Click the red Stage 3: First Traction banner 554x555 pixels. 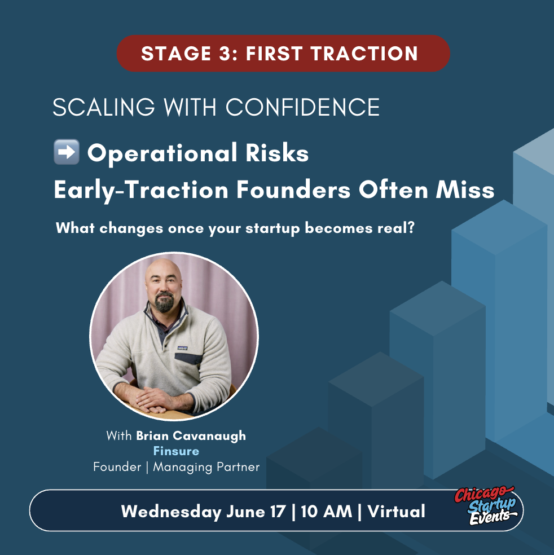coord(283,54)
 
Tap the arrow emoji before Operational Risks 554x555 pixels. coord(66,152)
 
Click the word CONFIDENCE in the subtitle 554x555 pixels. coord(302,107)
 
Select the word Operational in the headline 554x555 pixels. coord(162,153)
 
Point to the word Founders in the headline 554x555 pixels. coord(293,190)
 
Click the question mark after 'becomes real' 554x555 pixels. coord(411,228)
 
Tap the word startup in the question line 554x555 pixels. coord(272,228)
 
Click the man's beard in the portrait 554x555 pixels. coord(165,302)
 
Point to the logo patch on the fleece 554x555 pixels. coord(182,348)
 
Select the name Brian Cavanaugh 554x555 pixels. coord(191,436)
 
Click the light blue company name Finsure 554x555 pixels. coord(176,451)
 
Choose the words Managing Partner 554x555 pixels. coord(206,467)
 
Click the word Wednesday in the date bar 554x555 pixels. coord(172,512)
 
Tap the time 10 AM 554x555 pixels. coord(327,512)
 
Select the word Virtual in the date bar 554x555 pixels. coord(396,512)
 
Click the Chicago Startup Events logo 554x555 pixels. coord(485,506)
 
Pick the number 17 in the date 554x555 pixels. coord(278,512)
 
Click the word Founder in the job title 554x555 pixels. coord(117,467)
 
